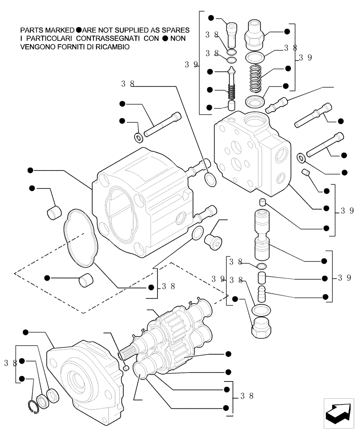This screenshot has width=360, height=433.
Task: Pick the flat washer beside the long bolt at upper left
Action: click(x=139, y=138)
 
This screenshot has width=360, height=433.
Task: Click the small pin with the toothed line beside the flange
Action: click(x=125, y=368)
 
